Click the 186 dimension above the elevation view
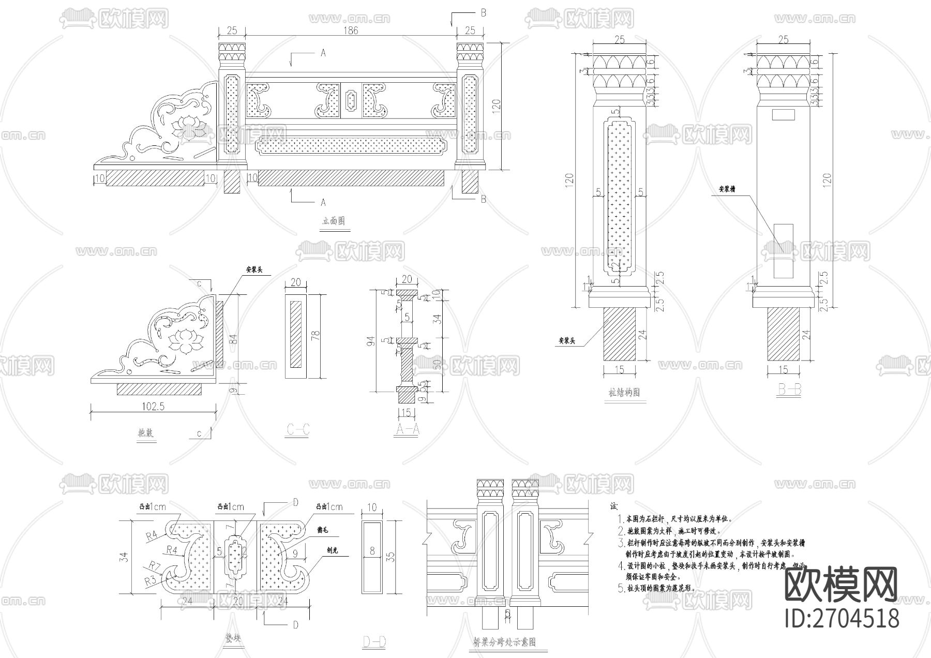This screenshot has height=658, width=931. pos(350,31)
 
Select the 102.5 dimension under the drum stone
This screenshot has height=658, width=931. pos(153,407)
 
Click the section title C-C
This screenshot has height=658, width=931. pos(298,429)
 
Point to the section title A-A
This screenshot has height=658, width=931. pos(407,429)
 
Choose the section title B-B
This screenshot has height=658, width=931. pos(789,390)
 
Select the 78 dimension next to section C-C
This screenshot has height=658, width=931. pos(317,337)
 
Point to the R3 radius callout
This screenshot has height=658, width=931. pos(151,580)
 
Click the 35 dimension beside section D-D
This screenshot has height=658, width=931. pos(391,557)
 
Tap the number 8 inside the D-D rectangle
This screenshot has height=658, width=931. pos(372,551)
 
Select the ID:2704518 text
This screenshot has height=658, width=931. pos(842,618)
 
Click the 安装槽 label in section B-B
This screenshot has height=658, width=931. pos(727,189)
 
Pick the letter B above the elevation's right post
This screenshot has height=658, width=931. pos(483,13)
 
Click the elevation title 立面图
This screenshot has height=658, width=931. pos(334,221)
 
